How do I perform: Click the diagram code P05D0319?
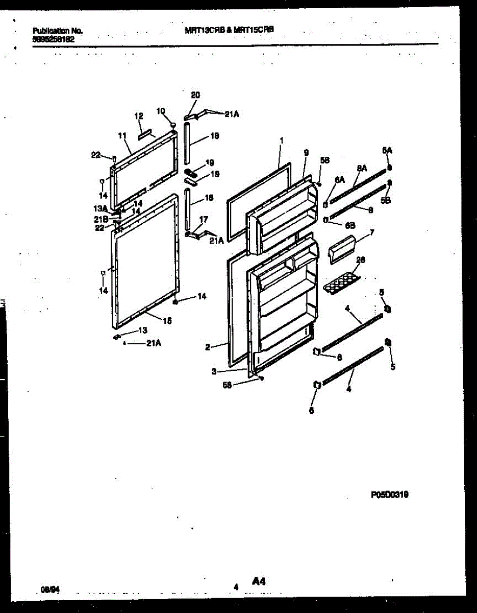[x=390, y=494]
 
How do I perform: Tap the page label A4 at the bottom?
[x=259, y=581]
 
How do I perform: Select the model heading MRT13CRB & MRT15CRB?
[x=229, y=30]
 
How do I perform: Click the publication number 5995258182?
[x=53, y=38]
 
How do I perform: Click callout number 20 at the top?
[x=195, y=95]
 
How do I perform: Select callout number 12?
[x=138, y=116]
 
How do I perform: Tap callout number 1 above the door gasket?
[x=281, y=139]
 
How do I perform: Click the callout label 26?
[x=360, y=260]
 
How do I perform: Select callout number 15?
[x=167, y=321]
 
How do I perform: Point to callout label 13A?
[x=100, y=208]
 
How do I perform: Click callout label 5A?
[x=387, y=150]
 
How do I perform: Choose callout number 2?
[x=208, y=347]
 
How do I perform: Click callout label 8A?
[x=362, y=168]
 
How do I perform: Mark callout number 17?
[x=204, y=219]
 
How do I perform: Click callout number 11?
[x=121, y=135]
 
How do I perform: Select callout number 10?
[x=161, y=111]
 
